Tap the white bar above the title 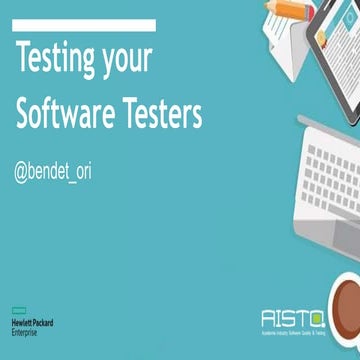pos(85,24)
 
